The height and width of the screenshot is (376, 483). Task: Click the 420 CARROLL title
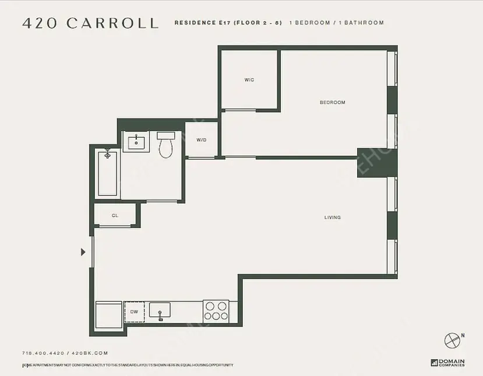tap(90, 23)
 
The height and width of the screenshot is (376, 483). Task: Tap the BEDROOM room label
tap(332, 103)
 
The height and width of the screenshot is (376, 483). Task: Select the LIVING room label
tap(332, 217)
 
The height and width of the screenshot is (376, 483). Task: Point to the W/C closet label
tap(249, 80)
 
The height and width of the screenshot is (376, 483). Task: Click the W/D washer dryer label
tap(202, 140)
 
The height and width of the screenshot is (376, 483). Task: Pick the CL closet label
tap(115, 216)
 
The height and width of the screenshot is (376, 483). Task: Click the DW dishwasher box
tap(134, 312)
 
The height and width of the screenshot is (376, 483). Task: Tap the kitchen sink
tap(160, 311)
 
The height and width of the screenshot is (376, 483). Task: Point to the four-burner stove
tap(216, 310)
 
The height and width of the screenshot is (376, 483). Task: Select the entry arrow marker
tap(83, 252)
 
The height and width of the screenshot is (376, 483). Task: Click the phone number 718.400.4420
tap(43, 353)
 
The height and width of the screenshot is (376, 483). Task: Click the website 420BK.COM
tap(90, 353)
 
